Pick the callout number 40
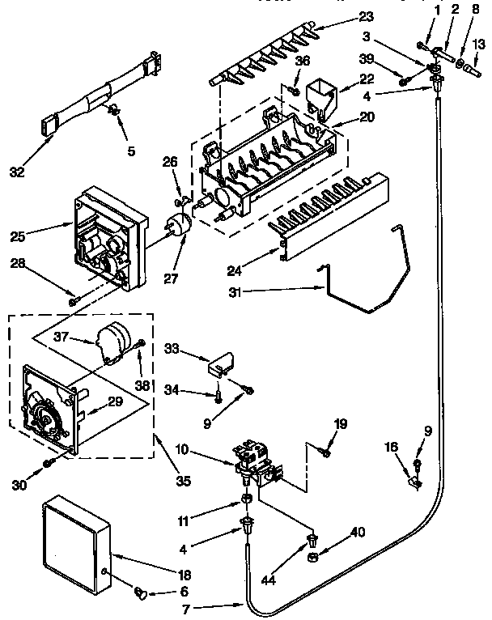(x=358, y=533)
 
